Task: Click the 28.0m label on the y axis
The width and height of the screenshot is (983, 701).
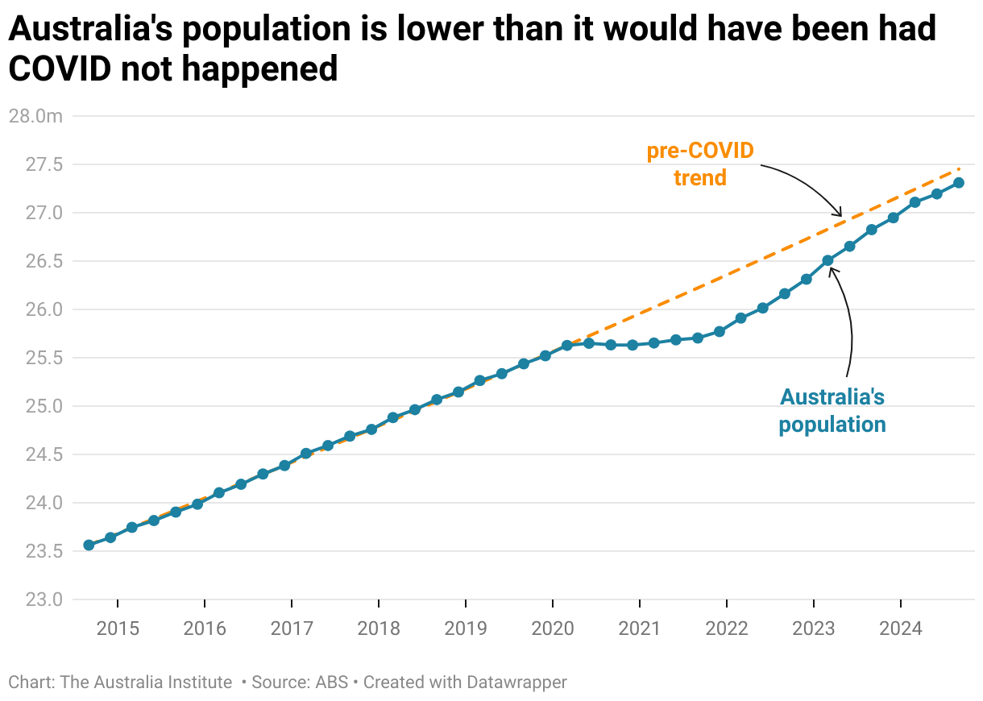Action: tap(35, 116)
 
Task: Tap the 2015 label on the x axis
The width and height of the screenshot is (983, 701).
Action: tap(118, 628)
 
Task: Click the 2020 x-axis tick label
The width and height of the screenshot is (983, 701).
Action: tap(553, 628)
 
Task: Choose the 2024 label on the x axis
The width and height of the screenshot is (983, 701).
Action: tap(901, 628)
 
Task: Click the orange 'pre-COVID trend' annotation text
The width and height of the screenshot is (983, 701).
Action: tap(700, 164)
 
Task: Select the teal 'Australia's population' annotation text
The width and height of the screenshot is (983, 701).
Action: tap(832, 410)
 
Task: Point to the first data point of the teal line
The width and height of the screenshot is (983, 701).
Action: tap(89, 545)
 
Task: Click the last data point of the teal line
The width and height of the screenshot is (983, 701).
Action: tap(959, 182)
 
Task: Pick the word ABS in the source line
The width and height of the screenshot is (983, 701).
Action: tap(332, 682)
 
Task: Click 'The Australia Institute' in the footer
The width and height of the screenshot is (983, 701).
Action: tap(146, 682)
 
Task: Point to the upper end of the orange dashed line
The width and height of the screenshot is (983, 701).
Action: tap(960, 169)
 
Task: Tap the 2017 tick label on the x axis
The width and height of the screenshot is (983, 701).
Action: tap(292, 628)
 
